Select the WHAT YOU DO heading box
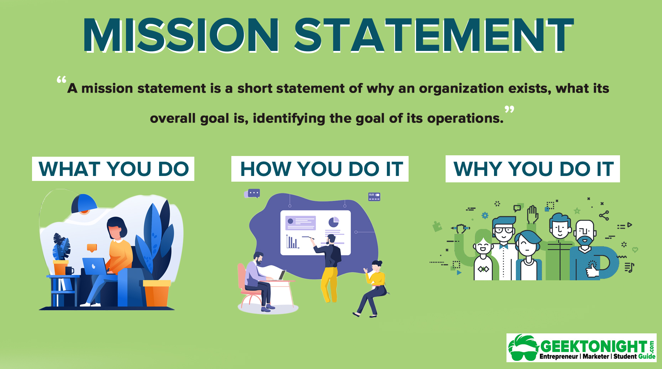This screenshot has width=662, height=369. click(113, 169)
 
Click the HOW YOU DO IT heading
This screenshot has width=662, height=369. click(320, 169)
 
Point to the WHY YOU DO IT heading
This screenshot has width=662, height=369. click(533, 169)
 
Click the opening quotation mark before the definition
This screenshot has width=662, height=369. click(62, 79)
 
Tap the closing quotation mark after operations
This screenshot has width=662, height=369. click(509, 109)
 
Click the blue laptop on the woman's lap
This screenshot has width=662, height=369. click(95, 266)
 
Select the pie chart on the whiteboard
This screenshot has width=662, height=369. click(333, 222)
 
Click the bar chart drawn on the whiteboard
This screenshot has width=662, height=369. click(292, 241)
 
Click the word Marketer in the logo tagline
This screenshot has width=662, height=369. click(596, 357)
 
